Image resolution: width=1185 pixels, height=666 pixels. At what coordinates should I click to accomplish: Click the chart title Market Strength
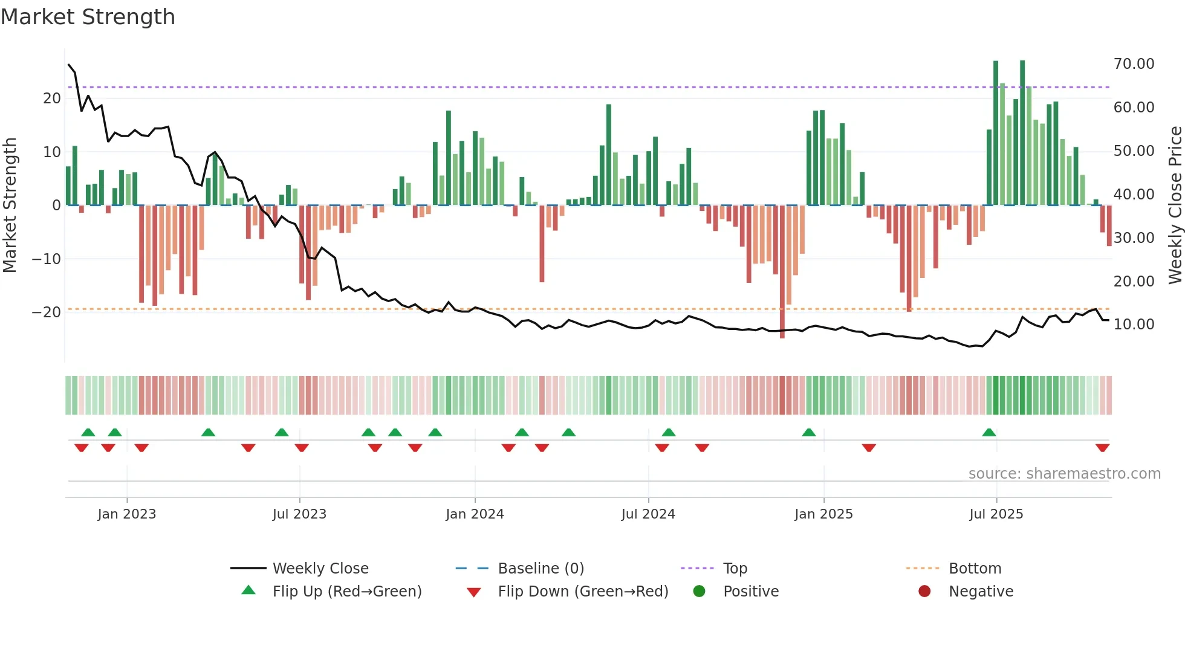click(x=88, y=17)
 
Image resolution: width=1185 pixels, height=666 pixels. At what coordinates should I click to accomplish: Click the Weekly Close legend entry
click(x=320, y=568)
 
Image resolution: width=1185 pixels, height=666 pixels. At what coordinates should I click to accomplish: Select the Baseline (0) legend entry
click(x=541, y=568)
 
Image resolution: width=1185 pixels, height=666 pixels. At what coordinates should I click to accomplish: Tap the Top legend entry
click(x=735, y=568)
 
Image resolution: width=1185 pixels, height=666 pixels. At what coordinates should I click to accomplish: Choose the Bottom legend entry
click(x=975, y=568)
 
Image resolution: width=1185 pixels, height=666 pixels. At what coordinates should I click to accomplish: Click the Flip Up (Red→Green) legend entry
click(x=346, y=591)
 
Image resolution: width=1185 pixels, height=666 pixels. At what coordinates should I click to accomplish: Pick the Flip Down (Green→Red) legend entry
click(x=583, y=591)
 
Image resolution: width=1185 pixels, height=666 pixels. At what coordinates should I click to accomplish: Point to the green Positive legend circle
click(x=700, y=591)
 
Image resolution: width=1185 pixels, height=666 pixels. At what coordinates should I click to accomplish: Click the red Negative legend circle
click(x=924, y=591)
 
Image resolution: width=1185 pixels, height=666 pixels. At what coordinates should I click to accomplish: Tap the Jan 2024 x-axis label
click(x=475, y=514)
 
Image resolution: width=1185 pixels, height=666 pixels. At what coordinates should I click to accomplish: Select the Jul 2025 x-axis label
click(x=996, y=514)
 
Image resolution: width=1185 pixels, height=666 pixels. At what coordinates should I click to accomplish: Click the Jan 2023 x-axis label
click(x=126, y=514)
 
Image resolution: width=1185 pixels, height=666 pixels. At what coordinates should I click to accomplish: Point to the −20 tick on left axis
click(x=47, y=312)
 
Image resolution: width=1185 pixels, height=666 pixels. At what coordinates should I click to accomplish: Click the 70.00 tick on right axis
click(x=1134, y=64)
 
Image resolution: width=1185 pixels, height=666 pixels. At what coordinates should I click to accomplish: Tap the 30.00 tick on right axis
click(x=1134, y=238)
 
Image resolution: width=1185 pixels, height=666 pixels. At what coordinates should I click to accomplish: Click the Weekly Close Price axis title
click(x=1175, y=205)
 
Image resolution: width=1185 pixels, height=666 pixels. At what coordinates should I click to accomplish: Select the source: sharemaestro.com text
click(x=1064, y=474)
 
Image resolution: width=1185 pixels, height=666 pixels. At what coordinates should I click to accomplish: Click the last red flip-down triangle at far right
click(x=1102, y=448)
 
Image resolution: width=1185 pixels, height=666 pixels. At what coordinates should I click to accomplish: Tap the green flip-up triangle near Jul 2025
click(x=989, y=433)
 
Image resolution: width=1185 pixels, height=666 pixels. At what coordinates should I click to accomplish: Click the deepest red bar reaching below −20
click(x=782, y=272)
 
